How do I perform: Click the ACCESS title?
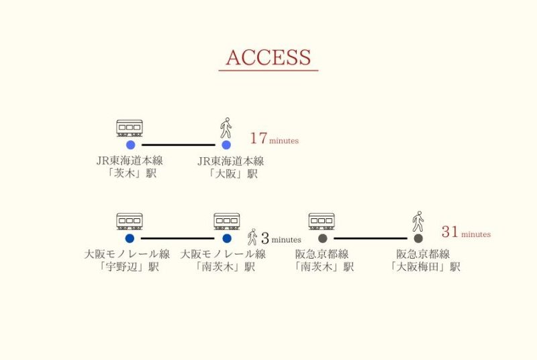(x=268, y=58)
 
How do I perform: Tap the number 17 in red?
(x=258, y=139)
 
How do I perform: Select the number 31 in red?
(x=450, y=232)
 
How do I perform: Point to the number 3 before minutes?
(x=264, y=238)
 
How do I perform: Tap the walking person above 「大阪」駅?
(x=226, y=128)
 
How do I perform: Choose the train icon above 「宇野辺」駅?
(x=130, y=221)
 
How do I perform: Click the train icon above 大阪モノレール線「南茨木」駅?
(x=227, y=221)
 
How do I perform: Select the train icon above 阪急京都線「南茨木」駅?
(x=322, y=221)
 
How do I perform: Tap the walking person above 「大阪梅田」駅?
(x=418, y=221)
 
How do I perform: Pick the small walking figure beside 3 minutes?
(x=252, y=237)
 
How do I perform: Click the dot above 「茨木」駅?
(x=130, y=145)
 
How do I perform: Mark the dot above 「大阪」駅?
(x=226, y=145)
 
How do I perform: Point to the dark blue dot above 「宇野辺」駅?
(x=130, y=238)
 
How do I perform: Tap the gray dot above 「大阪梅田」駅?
(x=418, y=238)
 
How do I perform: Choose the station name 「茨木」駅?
(x=130, y=174)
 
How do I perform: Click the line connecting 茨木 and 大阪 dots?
(x=178, y=145)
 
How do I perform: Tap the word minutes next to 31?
(x=476, y=234)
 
